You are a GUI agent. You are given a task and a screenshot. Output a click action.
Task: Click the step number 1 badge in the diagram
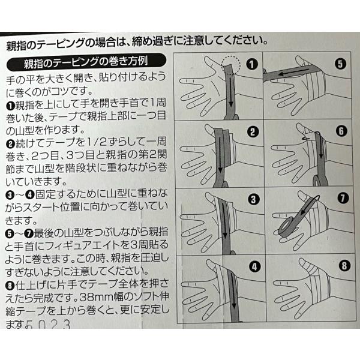click(252, 64)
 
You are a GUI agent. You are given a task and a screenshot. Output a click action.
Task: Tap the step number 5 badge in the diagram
click(340, 64)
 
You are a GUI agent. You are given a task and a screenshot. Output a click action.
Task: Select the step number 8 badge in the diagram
click(344, 266)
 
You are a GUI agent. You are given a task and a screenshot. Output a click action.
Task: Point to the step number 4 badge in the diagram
click(254, 266)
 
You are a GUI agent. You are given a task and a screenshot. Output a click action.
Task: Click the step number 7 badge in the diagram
click(343, 198)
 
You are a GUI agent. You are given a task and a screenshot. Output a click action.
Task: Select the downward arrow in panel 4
click(233, 290)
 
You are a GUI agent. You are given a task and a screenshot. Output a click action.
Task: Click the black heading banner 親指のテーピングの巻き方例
click(86, 62)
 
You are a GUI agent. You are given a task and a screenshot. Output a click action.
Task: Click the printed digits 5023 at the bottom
click(48, 325)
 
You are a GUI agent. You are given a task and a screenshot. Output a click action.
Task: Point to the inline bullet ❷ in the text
click(11, 144)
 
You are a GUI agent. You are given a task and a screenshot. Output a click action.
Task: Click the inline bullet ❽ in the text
click(10, 286)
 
